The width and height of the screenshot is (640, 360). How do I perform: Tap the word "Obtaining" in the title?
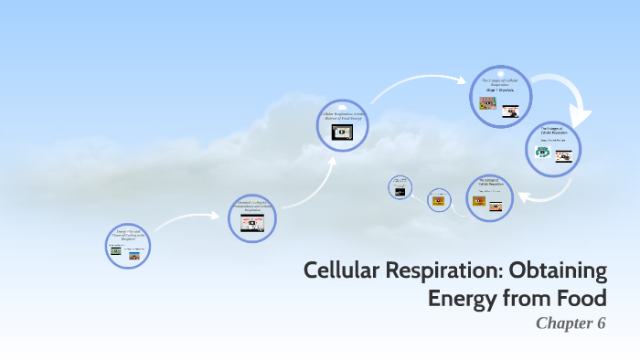(x=560, y=271)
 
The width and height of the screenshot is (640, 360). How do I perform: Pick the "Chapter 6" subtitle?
(x=571, y=323)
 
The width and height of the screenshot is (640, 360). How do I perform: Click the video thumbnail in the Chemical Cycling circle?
(x=251, y=224)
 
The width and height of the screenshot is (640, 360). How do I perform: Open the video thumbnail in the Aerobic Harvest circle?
(x=342, y=132)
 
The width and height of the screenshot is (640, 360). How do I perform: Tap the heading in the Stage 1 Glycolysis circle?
(x=500, y=84)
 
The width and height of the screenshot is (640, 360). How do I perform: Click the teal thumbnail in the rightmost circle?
(x=543, y=153)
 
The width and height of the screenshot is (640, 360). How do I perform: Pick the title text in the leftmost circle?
(x=128, y=235)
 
